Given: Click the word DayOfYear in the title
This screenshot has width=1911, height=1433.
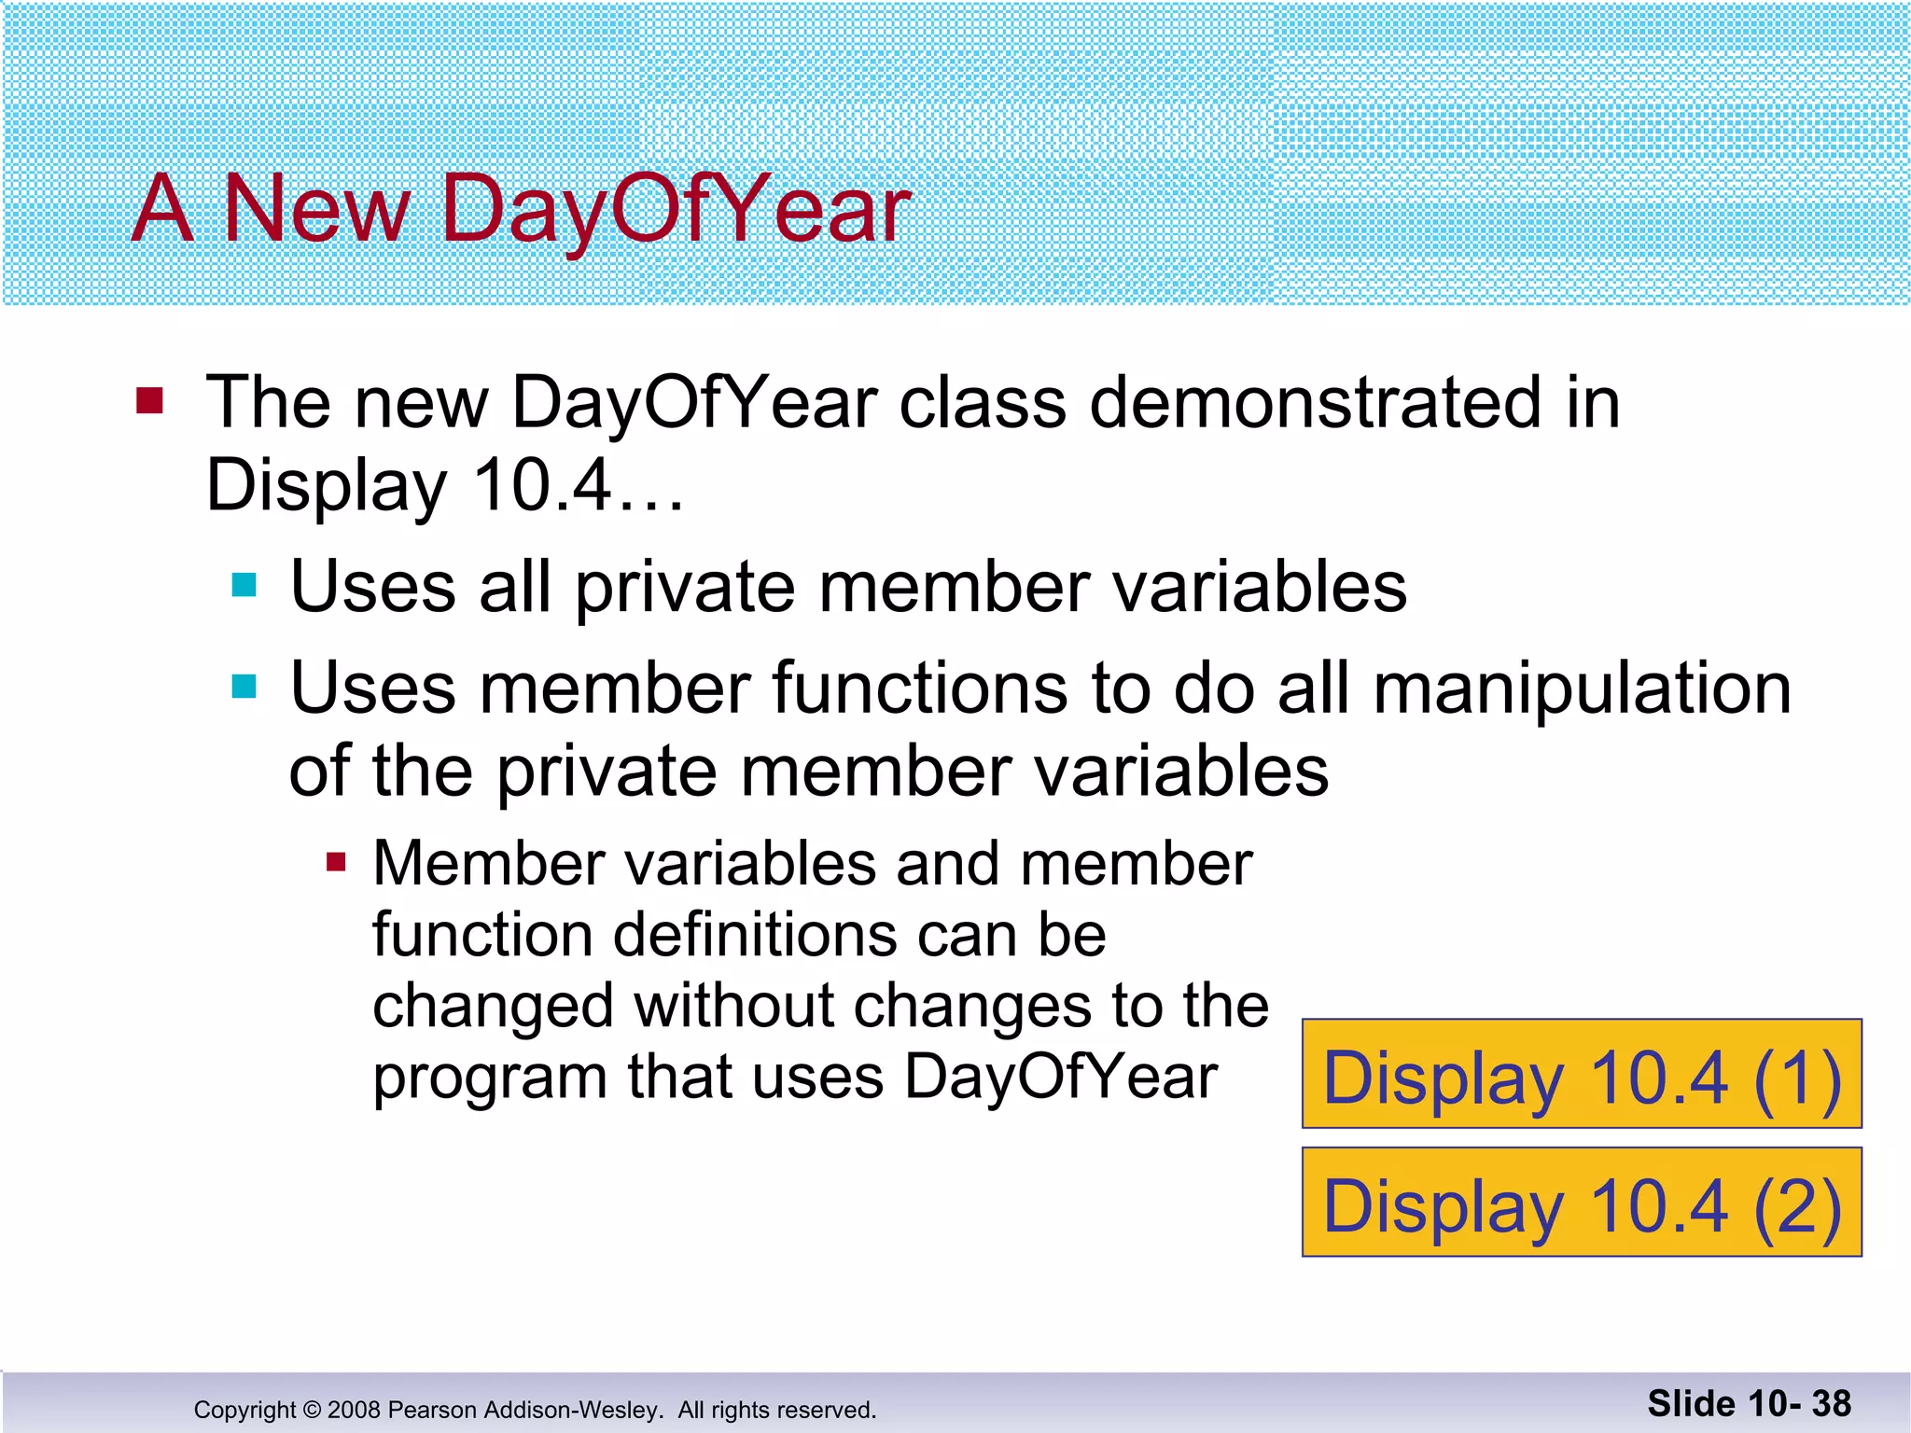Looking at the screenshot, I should [x=674, y=210].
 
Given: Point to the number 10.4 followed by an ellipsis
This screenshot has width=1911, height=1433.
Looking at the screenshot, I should [x=541, y=485].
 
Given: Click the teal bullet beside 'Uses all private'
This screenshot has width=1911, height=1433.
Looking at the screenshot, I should [x=244, y=586].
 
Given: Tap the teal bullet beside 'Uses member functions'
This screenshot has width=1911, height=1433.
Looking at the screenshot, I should [x=244, y=688].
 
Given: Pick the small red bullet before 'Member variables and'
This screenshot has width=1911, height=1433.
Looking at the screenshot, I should [x=336, y=862].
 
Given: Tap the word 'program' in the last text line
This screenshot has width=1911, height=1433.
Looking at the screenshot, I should [x=490, y=1077].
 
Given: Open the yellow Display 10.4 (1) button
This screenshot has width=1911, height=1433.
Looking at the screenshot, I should [x=1581, y=1075].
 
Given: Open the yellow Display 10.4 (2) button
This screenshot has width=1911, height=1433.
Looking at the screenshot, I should [x=1581, y=1203].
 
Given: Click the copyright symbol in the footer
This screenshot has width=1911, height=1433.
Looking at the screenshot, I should [x=312, y=1410].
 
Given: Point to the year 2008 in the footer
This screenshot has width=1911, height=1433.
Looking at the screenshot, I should [x=354, y=1410].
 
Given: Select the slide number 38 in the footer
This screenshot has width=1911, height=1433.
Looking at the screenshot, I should [x=1831, y=1403].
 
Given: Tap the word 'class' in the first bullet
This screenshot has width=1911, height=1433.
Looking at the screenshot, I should [x=981, y=403].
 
